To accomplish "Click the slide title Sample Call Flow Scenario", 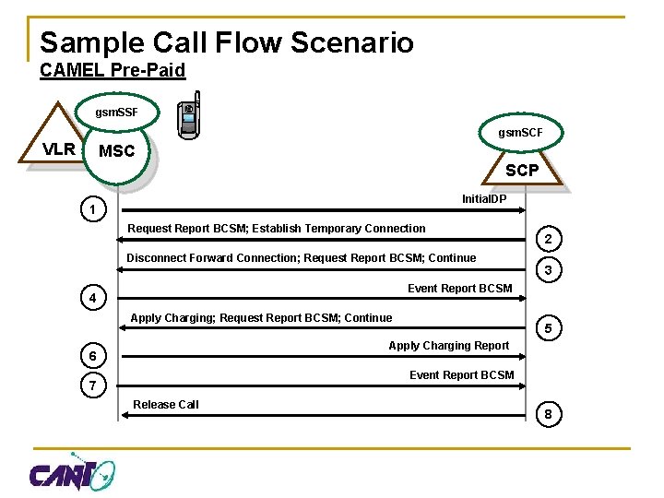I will [x=226, y=42].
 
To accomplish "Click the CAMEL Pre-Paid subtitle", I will [x=113, y=70].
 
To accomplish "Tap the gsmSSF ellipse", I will [x=116, y=113].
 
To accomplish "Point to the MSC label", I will [x=116, y=151].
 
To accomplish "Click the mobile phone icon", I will [x=190, y=115].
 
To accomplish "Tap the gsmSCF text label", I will [x=521, y=133].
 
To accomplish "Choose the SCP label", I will [x=522, y=171].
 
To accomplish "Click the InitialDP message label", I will [x=484, y=198].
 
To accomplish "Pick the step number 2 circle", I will [x=548, y=240].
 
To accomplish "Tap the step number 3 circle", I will [x=548, y=270].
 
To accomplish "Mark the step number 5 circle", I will [x=548, y=328].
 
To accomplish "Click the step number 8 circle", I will [x=548, y=415].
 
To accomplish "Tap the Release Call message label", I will [x=166, y=404].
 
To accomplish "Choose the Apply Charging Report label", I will [x=448, y=345].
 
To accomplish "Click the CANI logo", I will [x=72, y=473].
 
